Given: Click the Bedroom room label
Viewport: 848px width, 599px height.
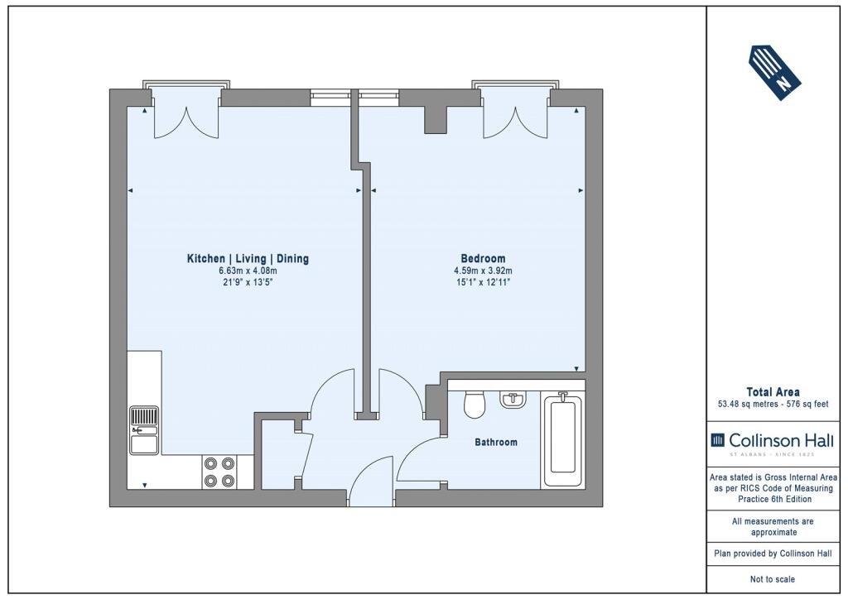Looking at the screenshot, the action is (483, 259).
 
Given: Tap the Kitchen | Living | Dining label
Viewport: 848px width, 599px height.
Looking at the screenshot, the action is (248, 259).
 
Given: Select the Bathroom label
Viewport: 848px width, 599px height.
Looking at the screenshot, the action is (496, 443).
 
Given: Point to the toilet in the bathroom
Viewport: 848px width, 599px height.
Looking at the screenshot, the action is (475, 404).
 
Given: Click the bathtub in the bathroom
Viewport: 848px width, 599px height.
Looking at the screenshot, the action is (562, 439).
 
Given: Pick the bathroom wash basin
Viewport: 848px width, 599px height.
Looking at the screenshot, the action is (512, 399).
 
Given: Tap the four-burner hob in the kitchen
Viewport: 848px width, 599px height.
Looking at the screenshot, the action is (219, 472).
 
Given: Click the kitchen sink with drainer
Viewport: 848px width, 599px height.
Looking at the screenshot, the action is (144, 430).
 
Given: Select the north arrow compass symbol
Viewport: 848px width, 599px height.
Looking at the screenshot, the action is (774, 73).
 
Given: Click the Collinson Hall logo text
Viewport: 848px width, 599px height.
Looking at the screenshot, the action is (773, 441).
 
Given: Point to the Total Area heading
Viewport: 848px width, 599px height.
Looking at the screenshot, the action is (773, 392).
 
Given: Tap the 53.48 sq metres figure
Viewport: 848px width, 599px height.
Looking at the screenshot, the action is (745, 404).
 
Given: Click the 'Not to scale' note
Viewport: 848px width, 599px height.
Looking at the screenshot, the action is (773, 579).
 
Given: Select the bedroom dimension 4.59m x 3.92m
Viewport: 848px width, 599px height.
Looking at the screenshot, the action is (483, 271).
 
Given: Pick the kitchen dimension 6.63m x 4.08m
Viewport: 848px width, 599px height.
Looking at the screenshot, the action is (248, 271).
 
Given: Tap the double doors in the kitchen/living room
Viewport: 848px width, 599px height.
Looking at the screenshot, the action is (186, 122).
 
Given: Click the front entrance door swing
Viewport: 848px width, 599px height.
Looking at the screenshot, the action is (371, 481).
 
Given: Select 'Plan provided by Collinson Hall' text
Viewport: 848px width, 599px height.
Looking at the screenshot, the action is (773, 553).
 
